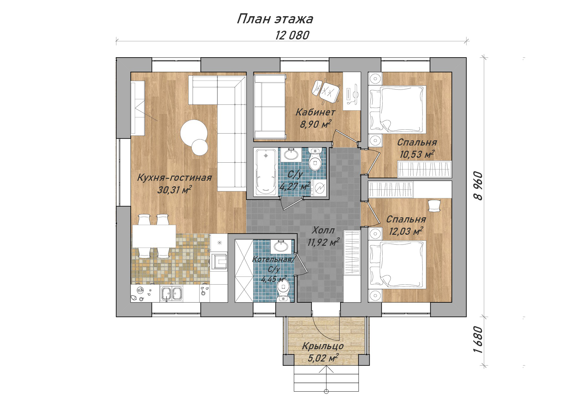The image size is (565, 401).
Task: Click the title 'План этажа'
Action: click(275, 19)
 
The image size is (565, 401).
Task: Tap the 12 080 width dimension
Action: click(292, 35)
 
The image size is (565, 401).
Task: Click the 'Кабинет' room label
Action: click(315, 112)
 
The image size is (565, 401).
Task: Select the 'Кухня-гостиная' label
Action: click(174, 178)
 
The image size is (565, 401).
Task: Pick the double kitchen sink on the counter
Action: click(171, 294)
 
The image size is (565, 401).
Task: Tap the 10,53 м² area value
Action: click(417, 154)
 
